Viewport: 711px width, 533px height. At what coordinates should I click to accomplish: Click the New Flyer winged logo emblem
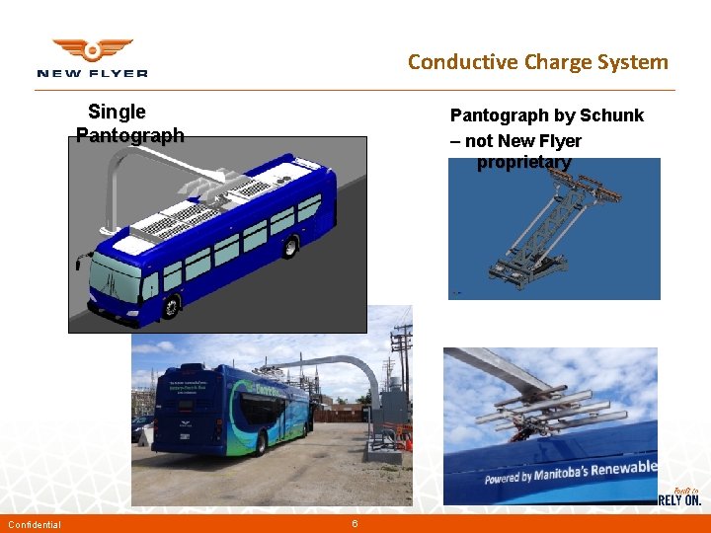click(92, 49)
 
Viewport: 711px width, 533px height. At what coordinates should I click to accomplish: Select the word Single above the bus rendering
click(117, 112)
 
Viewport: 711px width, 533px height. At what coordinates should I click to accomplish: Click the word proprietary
click(523, 162)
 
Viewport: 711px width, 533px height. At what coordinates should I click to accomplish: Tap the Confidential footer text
click(35, 524)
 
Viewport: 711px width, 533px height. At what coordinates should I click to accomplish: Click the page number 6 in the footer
click(355, 523)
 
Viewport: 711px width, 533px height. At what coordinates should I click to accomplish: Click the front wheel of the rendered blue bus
click(170, 305)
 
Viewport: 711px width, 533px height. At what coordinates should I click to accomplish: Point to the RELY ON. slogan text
click(681, 499)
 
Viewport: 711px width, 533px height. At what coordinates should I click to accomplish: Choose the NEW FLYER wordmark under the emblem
click(92, 73)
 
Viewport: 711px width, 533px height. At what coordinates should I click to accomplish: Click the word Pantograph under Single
click(129, 135)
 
